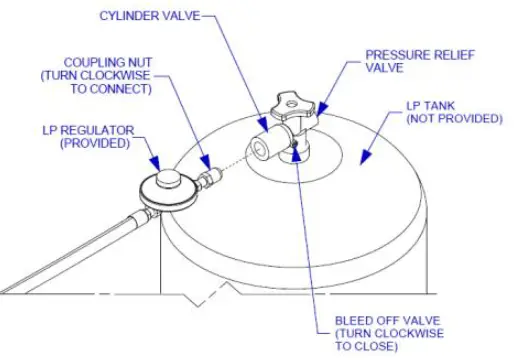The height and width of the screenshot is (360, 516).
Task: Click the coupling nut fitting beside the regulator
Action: coord(209,177)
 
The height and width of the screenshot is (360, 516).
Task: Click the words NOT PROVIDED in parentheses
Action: coord(455,118)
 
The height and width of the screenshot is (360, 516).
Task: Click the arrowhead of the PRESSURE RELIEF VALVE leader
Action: coord(317,110)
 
